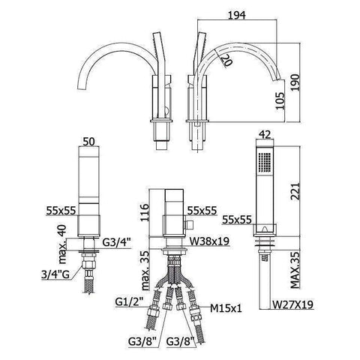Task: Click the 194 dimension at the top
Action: point(237,15)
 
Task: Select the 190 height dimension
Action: point(295,82)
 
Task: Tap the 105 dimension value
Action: point(280,101)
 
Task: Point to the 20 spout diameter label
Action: point(225,60)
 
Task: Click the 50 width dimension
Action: point(88,142)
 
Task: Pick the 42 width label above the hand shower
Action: point(265,135)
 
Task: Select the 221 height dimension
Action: point(295,191)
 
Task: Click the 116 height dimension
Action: point(145,213)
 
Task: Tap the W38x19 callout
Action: point(209,241)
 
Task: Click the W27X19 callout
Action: point(292,304)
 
